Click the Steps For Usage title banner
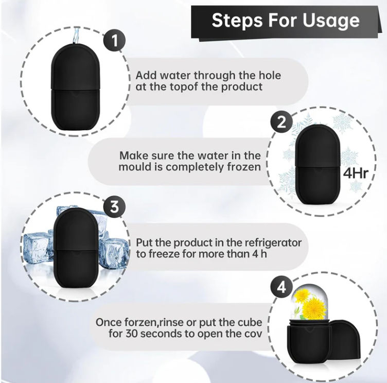[286, 21]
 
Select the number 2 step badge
[282, 122]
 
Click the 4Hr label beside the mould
[356, 171]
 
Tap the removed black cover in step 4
[346, 340]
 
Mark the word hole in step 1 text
[269, 75]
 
